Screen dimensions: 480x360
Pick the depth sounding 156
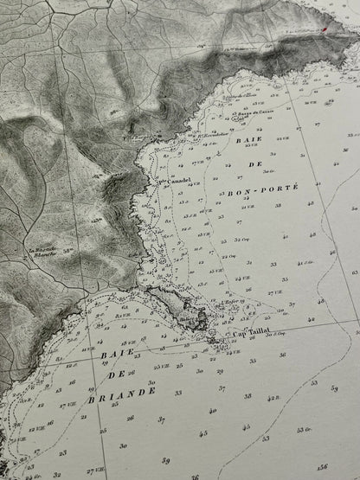323,468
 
